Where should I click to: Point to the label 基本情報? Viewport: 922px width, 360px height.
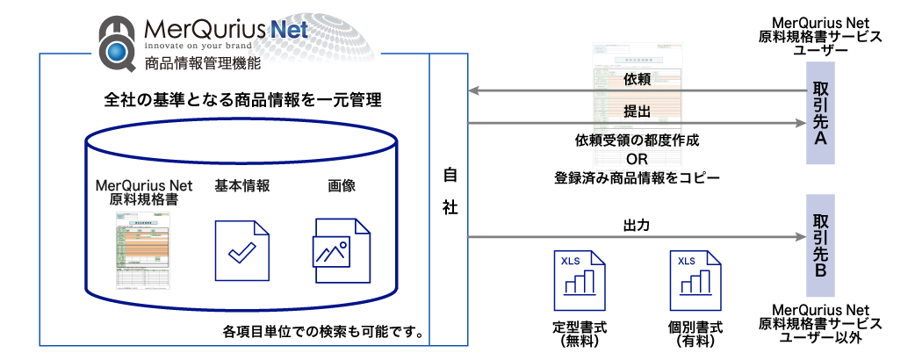pos(241,185)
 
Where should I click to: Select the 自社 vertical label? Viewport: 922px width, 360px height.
pos(449,193)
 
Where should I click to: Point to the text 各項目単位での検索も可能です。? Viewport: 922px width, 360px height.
pos(324,333)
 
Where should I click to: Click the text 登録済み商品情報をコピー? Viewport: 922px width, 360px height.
pos(637,176)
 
